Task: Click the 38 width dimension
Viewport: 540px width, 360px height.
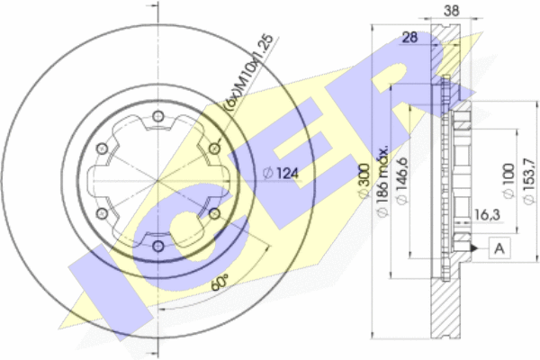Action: pyautogui.click(x=452, y=11)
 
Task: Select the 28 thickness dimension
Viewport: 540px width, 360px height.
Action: pyautogui.click(x=409, y=37)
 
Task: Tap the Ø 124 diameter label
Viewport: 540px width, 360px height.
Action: pyautogui.click(x=280, y=173)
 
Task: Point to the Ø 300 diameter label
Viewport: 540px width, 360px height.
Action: pyautogui.click(x=364, y=181)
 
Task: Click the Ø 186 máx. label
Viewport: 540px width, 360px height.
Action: pyautogui.click(x=382, y=182)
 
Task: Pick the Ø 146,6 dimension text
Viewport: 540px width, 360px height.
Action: pyautogui.click(x=401, y=181)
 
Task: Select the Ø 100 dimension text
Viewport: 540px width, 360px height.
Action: pyautogui.click(x=508, y=181)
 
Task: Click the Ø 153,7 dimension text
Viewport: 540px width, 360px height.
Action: pyautogui.click(x=529, y=181)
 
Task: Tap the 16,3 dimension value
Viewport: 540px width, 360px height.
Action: pyautogui.click(x=487, y=215)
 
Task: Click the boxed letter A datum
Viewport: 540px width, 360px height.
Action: pyautogui.click(x=499, y=247)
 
